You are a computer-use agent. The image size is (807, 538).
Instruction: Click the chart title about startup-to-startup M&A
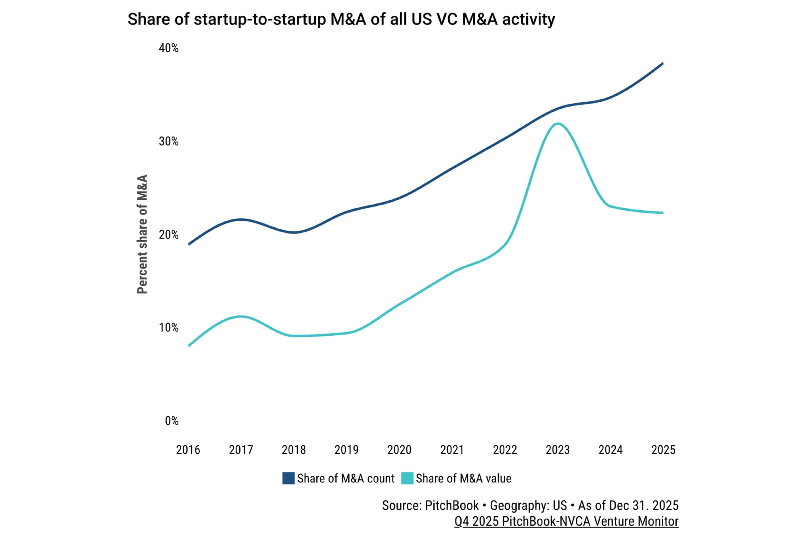[x=341, y=19]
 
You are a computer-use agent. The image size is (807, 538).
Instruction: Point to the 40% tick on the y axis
[x=169, y=48]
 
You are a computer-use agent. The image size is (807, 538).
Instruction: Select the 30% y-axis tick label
[x=169, y=141]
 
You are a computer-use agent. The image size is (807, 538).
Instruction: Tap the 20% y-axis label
[x=169, y=234]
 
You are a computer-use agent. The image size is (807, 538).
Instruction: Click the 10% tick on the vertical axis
[x=169, y=327]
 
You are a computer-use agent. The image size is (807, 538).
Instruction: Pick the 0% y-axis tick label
[x=171, y=421]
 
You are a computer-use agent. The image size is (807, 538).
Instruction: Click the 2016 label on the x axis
[x=188, y=450]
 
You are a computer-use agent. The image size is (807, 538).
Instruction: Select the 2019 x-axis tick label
[x=346, y=450]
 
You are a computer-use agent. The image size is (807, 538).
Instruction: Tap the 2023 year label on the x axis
[x=558, y=450]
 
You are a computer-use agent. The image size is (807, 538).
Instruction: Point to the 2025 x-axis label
[x=663, y=450]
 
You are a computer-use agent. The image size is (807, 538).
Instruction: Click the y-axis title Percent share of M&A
[x=142, y=234]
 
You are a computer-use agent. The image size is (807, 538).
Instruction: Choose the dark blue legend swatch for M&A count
[x=288, y=478]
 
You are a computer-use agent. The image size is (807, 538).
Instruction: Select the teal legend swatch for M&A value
[x=407, y=478]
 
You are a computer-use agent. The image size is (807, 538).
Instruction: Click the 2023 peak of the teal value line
[x=558, y=124]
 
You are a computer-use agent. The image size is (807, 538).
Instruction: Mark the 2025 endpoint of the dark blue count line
[x=663, y=63]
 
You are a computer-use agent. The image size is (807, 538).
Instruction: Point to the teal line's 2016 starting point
[x=189, y=345]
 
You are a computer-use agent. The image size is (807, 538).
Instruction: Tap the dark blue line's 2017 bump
[x=241, y=220]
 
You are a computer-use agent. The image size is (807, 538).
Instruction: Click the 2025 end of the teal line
[x=663, y=213]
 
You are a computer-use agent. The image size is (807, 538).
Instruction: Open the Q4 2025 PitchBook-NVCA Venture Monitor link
[x=566, y=521]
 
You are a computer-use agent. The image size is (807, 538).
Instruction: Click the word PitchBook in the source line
[x=452, y=505]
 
